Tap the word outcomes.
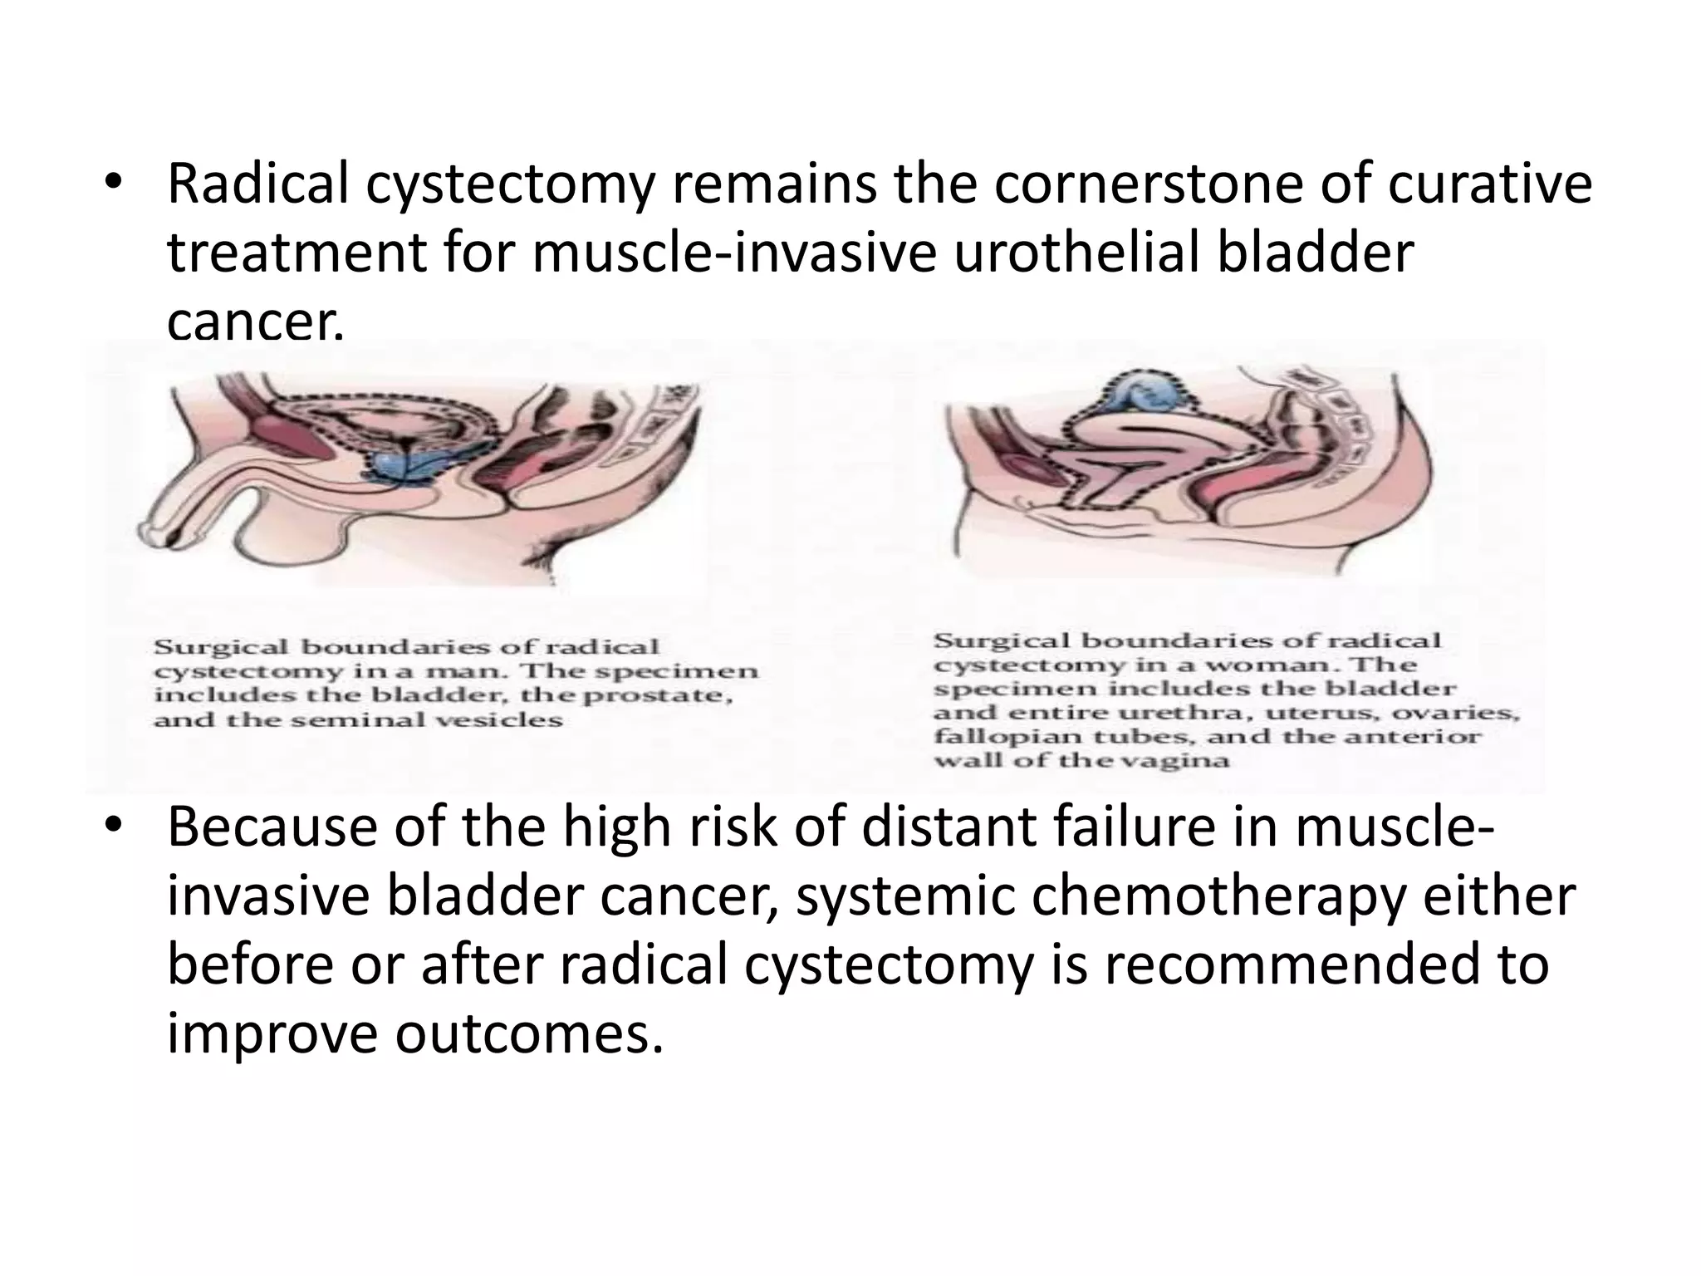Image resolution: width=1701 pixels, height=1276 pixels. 529,1034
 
